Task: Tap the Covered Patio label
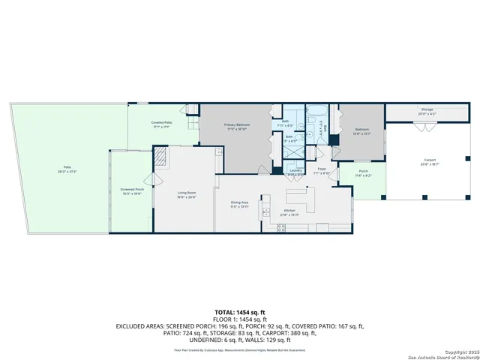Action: tap(161, 124)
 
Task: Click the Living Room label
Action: tap(187, 194)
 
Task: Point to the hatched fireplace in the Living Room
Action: tap(163, 156)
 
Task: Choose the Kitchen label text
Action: tap(290, 212)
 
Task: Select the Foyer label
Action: tap(322, 170)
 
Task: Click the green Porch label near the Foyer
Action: tap(363, 172)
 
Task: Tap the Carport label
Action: tap(430, 160)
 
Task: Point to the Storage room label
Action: tap(426, 111)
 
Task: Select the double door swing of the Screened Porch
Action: tap(157, 179)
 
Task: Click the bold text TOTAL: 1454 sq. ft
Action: tap(240, 311)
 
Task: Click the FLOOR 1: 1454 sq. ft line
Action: tap(240, 319)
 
